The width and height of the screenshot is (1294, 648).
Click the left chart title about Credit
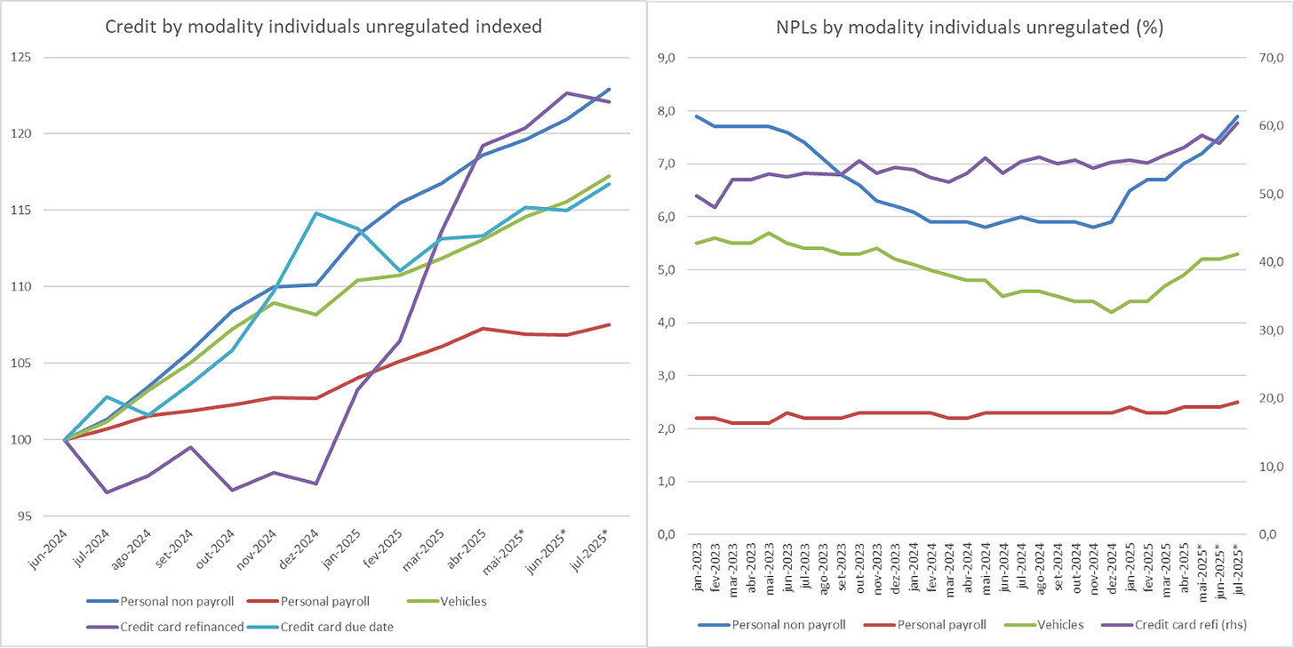(x=323, y=27)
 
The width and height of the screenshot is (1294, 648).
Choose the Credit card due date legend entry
(x=337, y=627)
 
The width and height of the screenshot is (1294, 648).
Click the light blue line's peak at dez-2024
(x=316, y=213)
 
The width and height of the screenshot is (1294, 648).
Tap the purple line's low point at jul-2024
(x=107, y=492)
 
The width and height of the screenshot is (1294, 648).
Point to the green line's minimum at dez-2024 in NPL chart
(x=1111, y=312)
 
